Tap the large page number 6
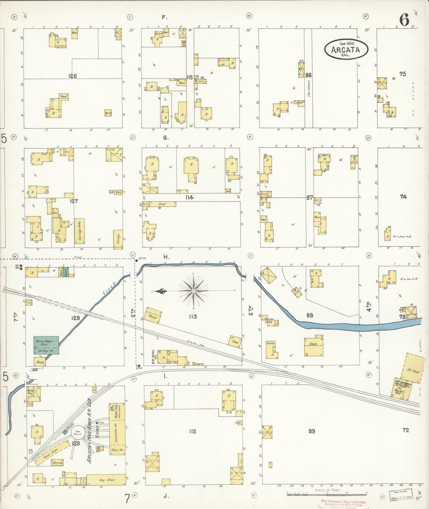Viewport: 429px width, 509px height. [x=404, y=20]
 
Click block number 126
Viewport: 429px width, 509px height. [x=72, y=76]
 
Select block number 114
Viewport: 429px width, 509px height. [x=189, y=197]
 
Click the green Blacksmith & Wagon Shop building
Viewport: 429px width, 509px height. [x=46, y=345]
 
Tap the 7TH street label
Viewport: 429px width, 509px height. [x=16, y=317]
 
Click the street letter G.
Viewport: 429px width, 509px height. [x=165, y=138]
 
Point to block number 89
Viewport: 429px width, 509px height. [x=311, y=431]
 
